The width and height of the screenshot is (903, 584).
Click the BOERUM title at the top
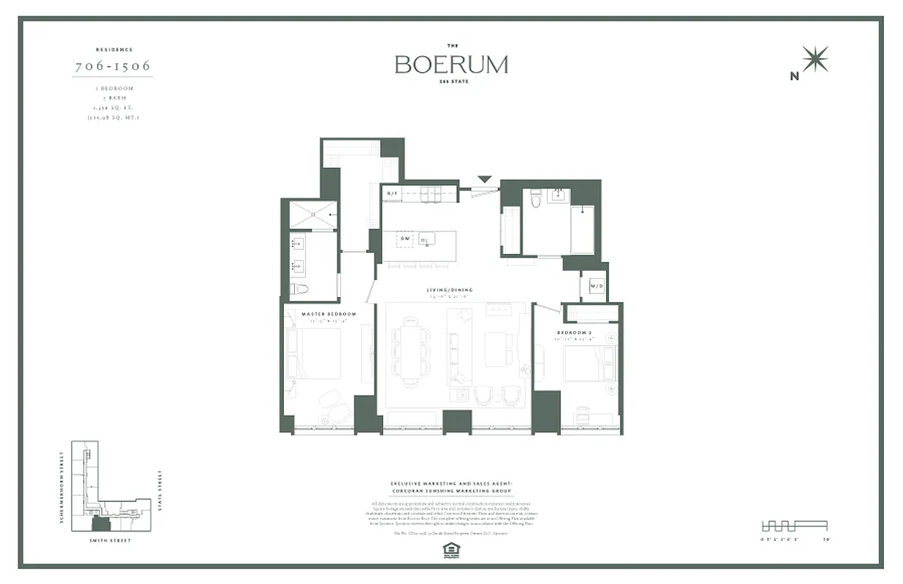point(451,64)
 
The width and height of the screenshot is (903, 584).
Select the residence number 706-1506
point(113,66)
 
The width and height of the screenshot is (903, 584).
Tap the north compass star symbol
point(815,59)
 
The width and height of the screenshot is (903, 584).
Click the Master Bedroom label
point(328,314)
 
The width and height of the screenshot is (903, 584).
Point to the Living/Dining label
point(450,290)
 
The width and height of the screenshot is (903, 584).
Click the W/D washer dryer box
point(592,285)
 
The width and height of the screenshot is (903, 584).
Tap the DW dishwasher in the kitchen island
point(404,239)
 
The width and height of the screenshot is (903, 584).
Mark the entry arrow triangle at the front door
point(485,179)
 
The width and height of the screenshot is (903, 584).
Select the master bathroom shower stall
point(313,215)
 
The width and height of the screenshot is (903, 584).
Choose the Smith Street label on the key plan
point(111,540)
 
